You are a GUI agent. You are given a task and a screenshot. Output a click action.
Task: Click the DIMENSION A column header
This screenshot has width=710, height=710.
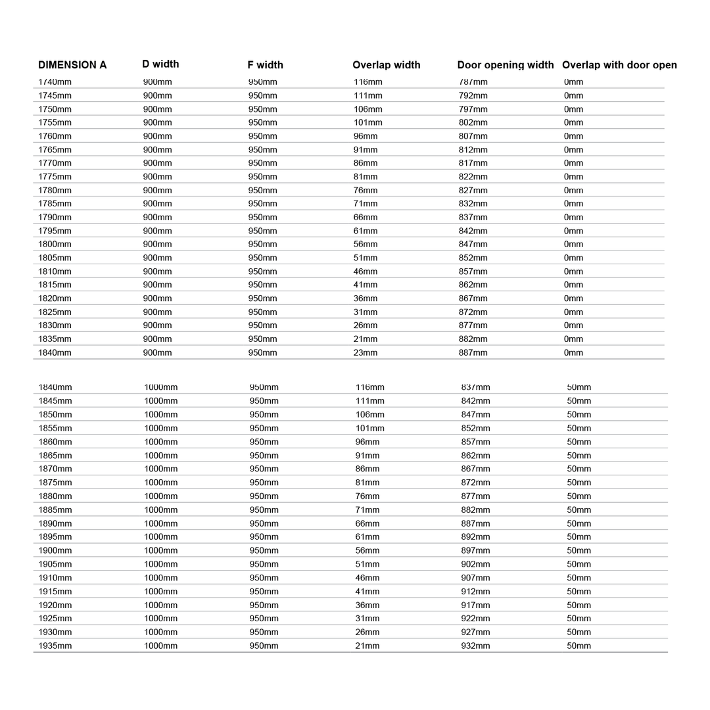coord(72,65)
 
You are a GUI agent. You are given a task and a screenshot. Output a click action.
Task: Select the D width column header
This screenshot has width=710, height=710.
coord(160,64)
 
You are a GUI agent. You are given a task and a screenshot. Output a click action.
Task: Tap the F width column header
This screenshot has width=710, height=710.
coord(265,65)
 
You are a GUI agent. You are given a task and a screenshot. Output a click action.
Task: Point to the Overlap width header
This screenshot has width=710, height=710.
coord(386,65)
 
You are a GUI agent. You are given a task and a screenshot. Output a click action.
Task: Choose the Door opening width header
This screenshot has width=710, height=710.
coord(505,65)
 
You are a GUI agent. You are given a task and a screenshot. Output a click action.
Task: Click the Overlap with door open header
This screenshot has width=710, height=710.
coord(619,65)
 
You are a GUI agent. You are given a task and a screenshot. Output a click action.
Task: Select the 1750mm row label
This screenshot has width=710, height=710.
coord(55,109)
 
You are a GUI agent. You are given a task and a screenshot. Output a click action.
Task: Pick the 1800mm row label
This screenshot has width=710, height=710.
coord(55,245)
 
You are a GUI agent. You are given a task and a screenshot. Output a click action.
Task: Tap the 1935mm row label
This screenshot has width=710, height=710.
coord(55,646)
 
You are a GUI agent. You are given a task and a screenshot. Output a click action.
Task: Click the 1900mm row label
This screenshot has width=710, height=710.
coord(55,551)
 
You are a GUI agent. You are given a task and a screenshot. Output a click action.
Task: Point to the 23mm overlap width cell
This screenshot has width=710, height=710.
coord(366,353)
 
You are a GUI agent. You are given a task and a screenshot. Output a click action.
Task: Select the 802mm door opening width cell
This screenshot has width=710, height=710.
coord(473,123)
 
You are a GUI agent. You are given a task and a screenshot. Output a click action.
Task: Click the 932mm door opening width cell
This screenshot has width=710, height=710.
coord(475,646)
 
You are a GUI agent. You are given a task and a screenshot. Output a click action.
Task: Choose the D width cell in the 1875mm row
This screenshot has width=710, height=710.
coord(161,483)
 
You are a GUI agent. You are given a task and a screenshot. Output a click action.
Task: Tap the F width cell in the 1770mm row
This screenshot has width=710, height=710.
coord(263,163)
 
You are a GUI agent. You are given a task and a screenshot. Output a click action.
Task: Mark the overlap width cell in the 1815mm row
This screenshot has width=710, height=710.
coord(366,285)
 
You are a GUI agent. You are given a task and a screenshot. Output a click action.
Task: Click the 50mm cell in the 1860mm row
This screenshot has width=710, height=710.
coord(579,442)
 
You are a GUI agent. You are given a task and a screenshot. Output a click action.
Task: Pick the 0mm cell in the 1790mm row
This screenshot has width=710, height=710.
coord(573,218)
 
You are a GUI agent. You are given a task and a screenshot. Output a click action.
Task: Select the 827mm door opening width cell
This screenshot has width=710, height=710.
coord(473,191)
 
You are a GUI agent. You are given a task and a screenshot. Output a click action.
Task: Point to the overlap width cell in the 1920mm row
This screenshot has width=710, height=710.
coord(367,605)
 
